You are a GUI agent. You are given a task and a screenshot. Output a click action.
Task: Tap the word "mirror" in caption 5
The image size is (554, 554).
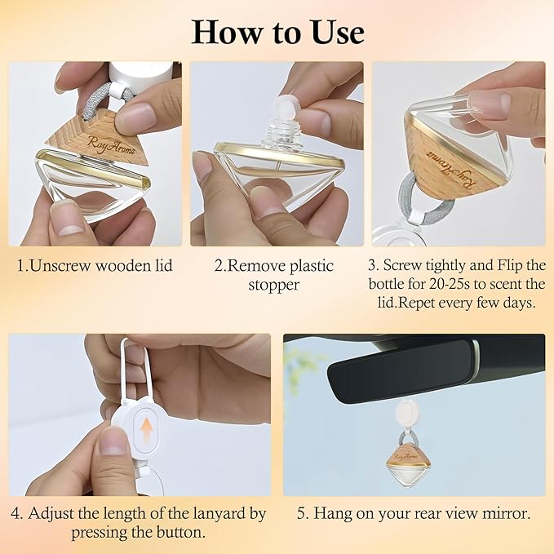point(503,514)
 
